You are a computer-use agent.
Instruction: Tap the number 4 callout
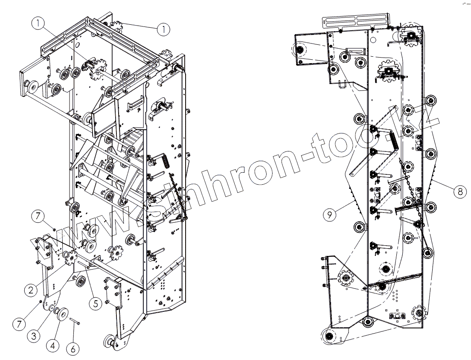52,345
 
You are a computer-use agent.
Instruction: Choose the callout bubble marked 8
459,192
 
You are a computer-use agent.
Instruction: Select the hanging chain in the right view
410,188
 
